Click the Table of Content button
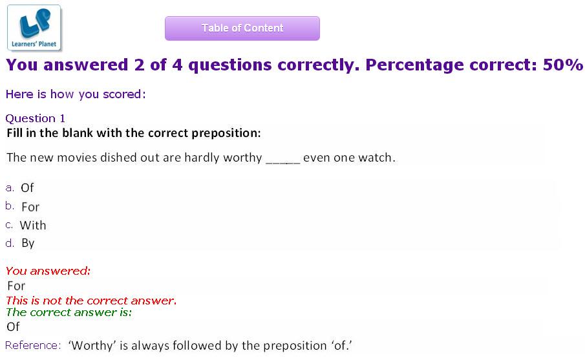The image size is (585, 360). coord(242,28)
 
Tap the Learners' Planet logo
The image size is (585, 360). coord(34,28)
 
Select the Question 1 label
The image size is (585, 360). coord(36,119)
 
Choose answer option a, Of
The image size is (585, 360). coord(27,187)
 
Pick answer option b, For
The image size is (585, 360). coord(30,207)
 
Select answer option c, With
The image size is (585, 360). coord(33,226)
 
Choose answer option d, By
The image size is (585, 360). coord(28,243)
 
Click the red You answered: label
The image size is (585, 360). coord(48,271)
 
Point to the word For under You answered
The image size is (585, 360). coord(16,286)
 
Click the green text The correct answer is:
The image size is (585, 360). coord(69,312)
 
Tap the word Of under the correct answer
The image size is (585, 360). coord(13,327)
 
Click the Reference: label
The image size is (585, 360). coord(33,345)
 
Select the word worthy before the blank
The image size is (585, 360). coord(242,158)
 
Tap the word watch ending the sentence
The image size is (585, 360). coord(376,158)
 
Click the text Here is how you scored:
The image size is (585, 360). coord(76,94)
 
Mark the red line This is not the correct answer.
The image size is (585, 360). coord(91,301)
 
